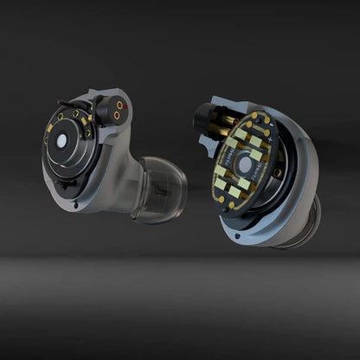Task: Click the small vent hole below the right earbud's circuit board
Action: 235,233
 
